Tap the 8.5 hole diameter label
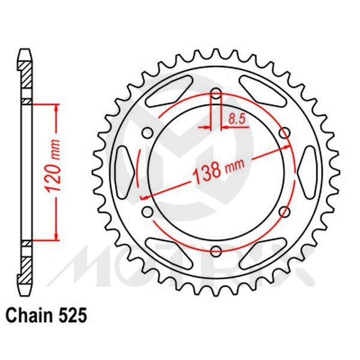pos(236,119)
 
